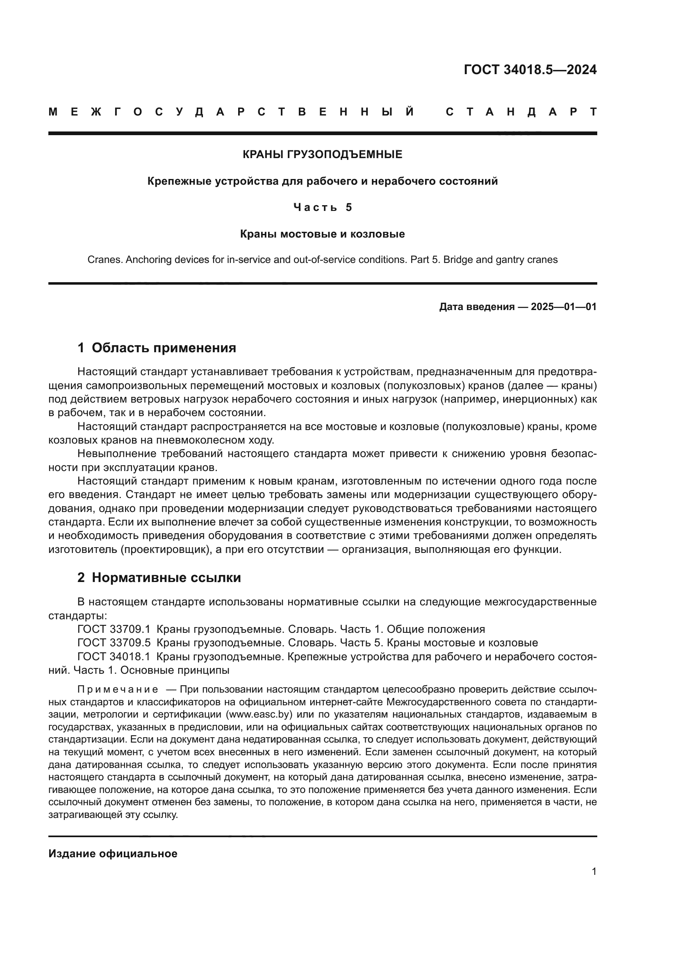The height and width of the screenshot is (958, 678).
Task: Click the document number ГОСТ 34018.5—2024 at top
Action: coord(530,70)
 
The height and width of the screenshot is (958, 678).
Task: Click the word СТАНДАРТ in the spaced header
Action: coord(521,112)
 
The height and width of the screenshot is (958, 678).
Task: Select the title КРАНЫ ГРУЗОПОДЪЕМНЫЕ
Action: coord(322,155)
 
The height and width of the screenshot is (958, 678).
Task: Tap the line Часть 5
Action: coord(322,207)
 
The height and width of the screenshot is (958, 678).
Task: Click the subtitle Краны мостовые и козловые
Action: coord(322,234)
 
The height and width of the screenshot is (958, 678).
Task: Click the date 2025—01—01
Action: coord(563,307)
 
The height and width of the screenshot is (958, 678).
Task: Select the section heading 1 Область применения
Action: coord(157,348)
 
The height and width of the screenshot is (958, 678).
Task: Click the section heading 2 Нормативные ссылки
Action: coord(159,578)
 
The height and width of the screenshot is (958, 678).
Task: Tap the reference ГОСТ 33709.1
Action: coord(114,629)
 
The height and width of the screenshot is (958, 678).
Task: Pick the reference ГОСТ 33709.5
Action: coord(114,643)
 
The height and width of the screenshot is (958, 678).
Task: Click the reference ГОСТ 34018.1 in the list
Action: coord(114,656)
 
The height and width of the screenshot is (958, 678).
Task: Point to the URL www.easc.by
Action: coord(258,714)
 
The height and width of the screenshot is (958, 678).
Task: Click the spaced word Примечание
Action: coord(118,689)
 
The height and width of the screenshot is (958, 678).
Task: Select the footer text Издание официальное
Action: coord(113,854)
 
